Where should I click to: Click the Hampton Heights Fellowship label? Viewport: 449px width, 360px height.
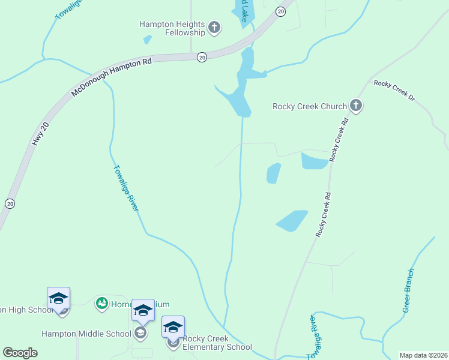[x=172, y=28]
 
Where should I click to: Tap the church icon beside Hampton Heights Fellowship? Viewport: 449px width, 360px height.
[x=214, y=28]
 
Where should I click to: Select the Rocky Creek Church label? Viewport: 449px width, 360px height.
[x=310, y=106]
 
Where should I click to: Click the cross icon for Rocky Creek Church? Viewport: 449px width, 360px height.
[x=356, y=106]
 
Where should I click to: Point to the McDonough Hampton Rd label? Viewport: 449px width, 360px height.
[x=111, y=78]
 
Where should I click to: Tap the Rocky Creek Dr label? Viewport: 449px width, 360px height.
[x=394, y=89]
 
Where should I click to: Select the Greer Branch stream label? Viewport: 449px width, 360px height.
[x=409, y=290]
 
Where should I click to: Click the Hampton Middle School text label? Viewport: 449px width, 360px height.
[x=86, y=334]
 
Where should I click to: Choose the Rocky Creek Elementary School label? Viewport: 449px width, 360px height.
[x=217, y=343]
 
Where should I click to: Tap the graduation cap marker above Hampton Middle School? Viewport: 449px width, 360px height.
[x=143, y=310]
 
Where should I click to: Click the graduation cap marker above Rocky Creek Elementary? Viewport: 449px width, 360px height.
[x=173, y=327]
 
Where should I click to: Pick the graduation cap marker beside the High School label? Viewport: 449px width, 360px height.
[x=59, y=298]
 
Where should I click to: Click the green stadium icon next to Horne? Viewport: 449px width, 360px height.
[x=101, y=304]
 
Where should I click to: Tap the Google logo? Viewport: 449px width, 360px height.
[x=20, y=353]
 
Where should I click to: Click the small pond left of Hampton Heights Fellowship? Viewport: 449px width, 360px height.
[x=147, y=40]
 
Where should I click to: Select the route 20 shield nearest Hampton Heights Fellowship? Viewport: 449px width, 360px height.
[x=202, y=57]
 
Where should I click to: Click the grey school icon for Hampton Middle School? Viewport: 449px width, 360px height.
[x=140, y=333]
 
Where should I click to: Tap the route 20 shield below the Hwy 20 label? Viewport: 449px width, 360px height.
[x=10, y=204]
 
